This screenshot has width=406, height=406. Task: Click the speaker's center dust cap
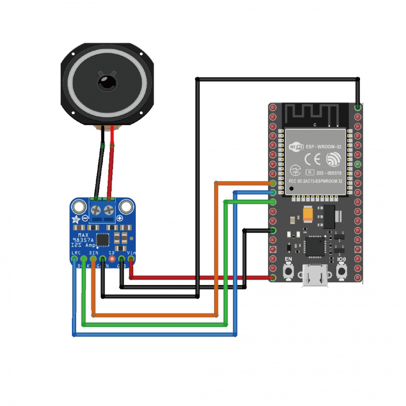[106, 82]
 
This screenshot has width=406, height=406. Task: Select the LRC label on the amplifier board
[76, 253]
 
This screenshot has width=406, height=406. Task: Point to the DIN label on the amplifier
[94, 253]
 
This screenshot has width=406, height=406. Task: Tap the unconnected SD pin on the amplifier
[112, 259]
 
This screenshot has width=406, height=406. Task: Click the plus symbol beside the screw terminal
[119, 218]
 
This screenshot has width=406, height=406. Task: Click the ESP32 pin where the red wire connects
[273, 278]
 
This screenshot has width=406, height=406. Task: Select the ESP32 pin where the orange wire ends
[273, 183]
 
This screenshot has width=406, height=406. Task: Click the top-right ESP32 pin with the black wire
[358, 107]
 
